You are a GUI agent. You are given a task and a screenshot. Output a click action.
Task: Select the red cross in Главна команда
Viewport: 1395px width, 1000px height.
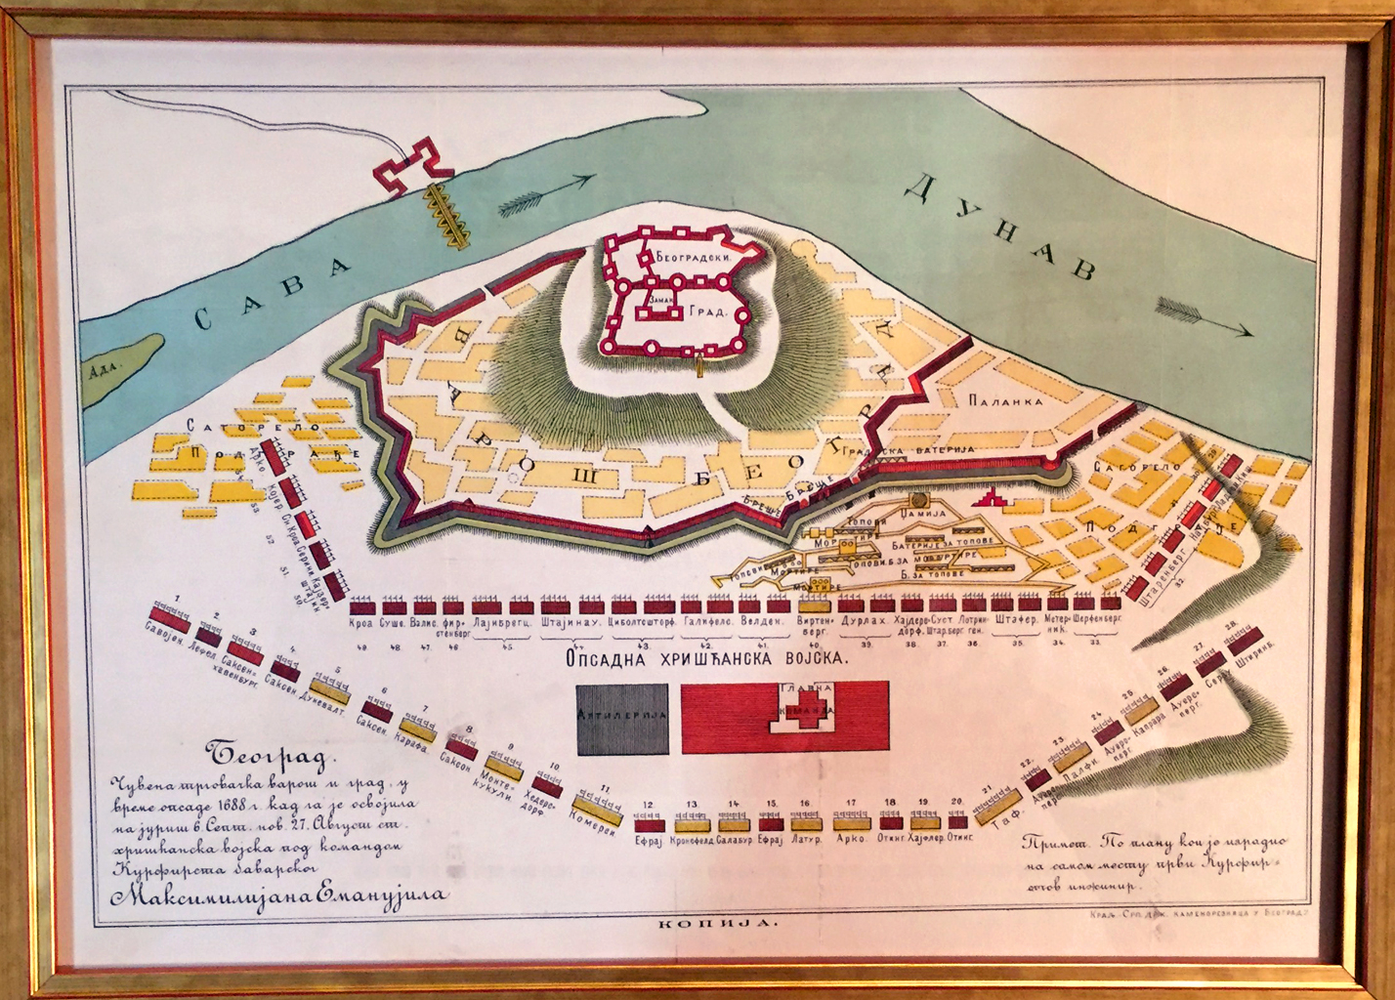(x=806, y=712)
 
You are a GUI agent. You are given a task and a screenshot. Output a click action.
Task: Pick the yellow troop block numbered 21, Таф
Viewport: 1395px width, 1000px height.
(x=997, y=805)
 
